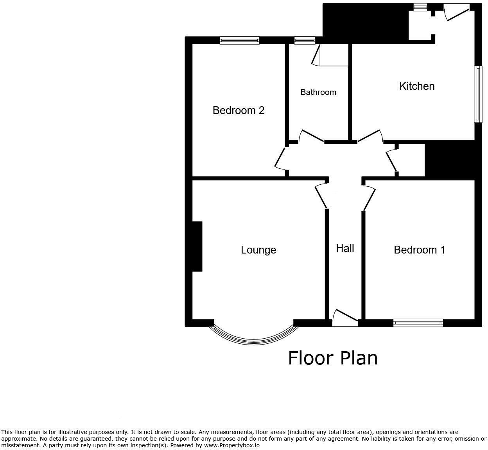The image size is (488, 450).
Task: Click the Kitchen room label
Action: pos(416,86)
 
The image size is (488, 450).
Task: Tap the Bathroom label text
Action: pos(318,92)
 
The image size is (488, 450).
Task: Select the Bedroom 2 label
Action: pos(238,111)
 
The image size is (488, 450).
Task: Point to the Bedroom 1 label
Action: pos(419,250)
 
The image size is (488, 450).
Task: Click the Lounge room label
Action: pos(258,250)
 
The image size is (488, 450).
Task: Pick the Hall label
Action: pos(345,248)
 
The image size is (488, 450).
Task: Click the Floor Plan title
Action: pos(333,358)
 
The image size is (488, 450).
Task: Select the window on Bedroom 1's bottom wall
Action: pos(418,323)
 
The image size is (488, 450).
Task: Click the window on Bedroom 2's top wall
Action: pos(239,40)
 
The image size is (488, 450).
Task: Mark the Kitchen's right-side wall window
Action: pos(478,94)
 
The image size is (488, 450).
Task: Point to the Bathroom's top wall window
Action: pos(305,40)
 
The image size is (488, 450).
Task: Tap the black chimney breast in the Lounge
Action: pos(197,246)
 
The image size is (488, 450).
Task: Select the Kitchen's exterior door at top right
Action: pos(456,12)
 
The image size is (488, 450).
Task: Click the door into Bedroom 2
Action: pos(281,159)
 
